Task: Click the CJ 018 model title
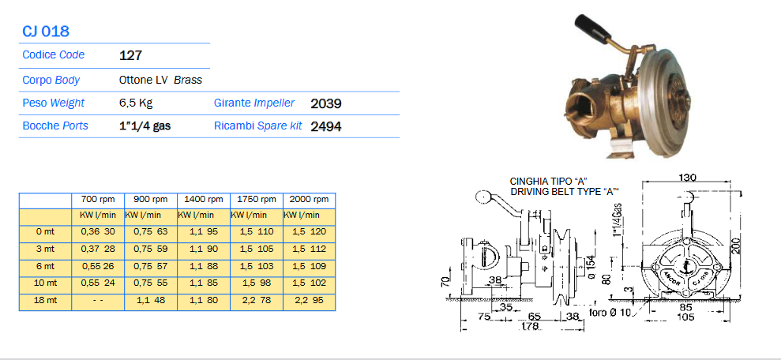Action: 45,32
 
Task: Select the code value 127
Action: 130,55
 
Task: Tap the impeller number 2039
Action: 326,103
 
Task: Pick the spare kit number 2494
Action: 326,126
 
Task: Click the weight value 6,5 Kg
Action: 136,103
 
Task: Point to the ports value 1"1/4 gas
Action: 145,126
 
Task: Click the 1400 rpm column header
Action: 203,199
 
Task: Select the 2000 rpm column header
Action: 310,199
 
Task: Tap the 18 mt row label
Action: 45,300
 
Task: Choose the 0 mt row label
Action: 45,231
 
